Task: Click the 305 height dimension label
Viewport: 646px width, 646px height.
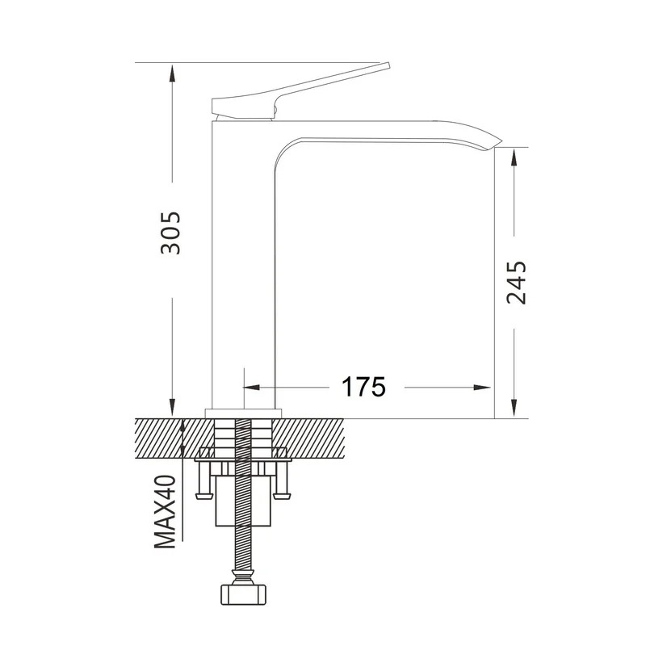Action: pos(170,233)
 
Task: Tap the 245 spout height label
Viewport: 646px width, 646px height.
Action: pos(516,283)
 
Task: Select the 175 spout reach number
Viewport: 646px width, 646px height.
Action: pos(363,387)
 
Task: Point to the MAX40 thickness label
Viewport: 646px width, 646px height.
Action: pos(166,511)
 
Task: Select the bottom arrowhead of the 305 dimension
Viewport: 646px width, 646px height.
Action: pos(173,408)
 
